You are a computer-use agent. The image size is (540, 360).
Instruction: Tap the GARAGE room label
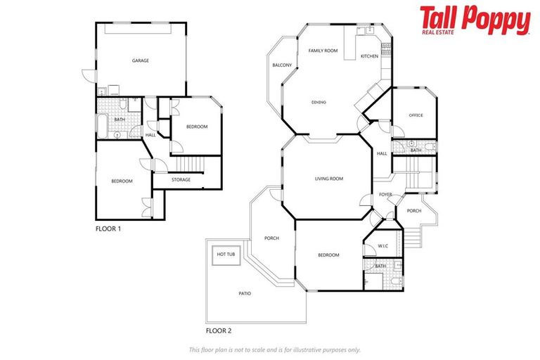pos(140,60)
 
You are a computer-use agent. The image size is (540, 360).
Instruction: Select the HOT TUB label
pos(226,254)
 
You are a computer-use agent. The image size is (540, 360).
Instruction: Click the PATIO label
pos(244,293)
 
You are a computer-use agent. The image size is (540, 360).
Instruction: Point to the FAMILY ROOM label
pos(323,51)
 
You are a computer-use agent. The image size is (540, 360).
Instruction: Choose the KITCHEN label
pos(369,56)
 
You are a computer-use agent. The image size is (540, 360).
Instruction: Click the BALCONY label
pos(282,65)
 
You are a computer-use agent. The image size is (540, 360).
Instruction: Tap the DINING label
pos(319,103)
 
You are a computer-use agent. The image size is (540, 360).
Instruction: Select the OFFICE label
pos(416,115)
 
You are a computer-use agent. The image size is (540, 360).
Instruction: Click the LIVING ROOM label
pos(328,179)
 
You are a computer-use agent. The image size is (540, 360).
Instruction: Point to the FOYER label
pos(386,195)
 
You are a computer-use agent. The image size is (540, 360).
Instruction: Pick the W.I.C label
pos(383,245)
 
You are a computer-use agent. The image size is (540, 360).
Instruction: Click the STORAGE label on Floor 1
pos(181,180)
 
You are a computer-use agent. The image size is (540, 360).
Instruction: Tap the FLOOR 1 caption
pos(109,229)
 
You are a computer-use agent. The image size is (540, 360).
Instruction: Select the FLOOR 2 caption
pos(219,329)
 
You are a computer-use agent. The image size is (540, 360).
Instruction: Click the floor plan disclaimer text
pos(274,349)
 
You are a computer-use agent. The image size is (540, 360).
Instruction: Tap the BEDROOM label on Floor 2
pos(328,255)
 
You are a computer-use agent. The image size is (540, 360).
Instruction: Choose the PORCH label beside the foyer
pos(414,211)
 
